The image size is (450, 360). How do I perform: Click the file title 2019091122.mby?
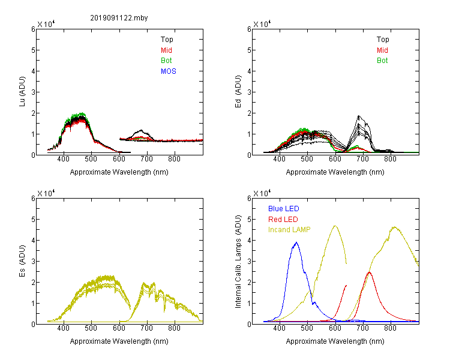click(x=119, y=18)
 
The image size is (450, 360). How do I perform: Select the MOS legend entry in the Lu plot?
click(x=169, y=71)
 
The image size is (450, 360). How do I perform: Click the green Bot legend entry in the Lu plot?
click(x=166, y=61)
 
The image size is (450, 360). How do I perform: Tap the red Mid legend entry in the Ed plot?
click(x=382, y=50)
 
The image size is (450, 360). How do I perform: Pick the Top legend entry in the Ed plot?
click(x=383, y=40)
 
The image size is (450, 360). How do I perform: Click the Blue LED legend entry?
click(x=284, y=209)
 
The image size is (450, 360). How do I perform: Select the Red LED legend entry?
click(x=283, y=220)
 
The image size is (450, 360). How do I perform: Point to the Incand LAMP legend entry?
click(x=289, y=230)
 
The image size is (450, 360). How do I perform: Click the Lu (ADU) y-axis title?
click(x=22, y=92)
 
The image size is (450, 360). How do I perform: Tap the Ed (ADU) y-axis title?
click(x=238, y=92)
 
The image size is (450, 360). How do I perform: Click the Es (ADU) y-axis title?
click(x=22, y=261)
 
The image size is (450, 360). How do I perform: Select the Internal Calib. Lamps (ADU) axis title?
click(x=238, y=262)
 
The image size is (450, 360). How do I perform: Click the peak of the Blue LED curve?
click(x=296, y=242)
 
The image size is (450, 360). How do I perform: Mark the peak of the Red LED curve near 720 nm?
click(x=370, y=272)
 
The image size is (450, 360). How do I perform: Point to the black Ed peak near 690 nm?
click(x=358, y=116)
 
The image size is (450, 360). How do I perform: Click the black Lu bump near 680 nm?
click(x=141, y=131)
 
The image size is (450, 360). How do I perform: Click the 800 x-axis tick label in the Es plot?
click(x=174, y=328)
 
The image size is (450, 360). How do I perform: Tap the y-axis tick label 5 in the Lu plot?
click(x=33, y=50)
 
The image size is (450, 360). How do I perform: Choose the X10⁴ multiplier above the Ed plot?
click(x=262, y=23)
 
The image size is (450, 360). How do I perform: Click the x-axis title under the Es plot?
click(x=119, y=341)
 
